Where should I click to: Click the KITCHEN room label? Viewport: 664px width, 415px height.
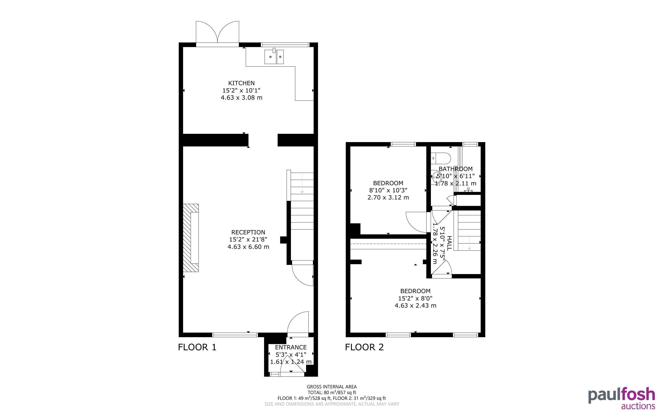coord(241,83)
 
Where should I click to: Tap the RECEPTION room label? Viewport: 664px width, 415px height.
coord(248,232)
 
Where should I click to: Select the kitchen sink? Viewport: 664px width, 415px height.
coord(274,56)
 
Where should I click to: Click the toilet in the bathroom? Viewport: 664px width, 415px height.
coord(441,158)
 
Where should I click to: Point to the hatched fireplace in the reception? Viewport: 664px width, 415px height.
coord(191,238)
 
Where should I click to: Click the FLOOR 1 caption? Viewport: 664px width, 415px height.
coord(197,347)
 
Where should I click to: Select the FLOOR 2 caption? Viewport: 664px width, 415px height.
coord(364,347)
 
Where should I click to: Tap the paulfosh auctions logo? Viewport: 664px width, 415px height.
coord(622,398)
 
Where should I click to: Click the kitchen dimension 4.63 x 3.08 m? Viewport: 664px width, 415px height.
coord(241,97)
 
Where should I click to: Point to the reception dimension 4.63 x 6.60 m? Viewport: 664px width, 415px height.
coord(248,247)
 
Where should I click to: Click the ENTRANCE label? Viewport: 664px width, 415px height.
coord(291,347)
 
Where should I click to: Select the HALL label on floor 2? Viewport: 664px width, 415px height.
coord(449,243)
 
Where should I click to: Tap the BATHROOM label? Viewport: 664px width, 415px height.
coord(456,169)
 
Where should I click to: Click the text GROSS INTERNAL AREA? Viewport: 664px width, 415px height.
coord(332,387)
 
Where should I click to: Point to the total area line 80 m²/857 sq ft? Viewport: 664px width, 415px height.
coord(332,393)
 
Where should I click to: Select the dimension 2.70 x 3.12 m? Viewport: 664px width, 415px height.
coord(388,197)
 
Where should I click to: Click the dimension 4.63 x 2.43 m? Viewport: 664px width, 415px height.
coord(415,306)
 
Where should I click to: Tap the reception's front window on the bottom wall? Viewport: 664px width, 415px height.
coord(235,335)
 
